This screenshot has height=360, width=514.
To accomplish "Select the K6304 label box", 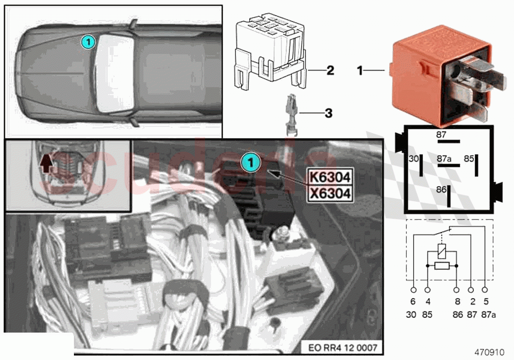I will pos(329,176).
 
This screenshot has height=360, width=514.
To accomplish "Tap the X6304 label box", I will pos(329,193).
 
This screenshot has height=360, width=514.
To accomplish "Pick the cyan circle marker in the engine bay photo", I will pos(251,163).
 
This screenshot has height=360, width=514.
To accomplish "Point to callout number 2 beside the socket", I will pos(330,71).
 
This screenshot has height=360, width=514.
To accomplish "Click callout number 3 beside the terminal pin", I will pos(328,113).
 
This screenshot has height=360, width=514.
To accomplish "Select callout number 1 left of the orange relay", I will pos(360,71).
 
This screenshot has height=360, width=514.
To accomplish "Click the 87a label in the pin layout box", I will pos(444,159).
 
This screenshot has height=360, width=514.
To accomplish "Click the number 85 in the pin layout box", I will pos(468,159).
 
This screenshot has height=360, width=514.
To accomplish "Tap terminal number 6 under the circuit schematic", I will pos(413,302).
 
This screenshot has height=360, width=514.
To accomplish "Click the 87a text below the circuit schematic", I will pos(486,314).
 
